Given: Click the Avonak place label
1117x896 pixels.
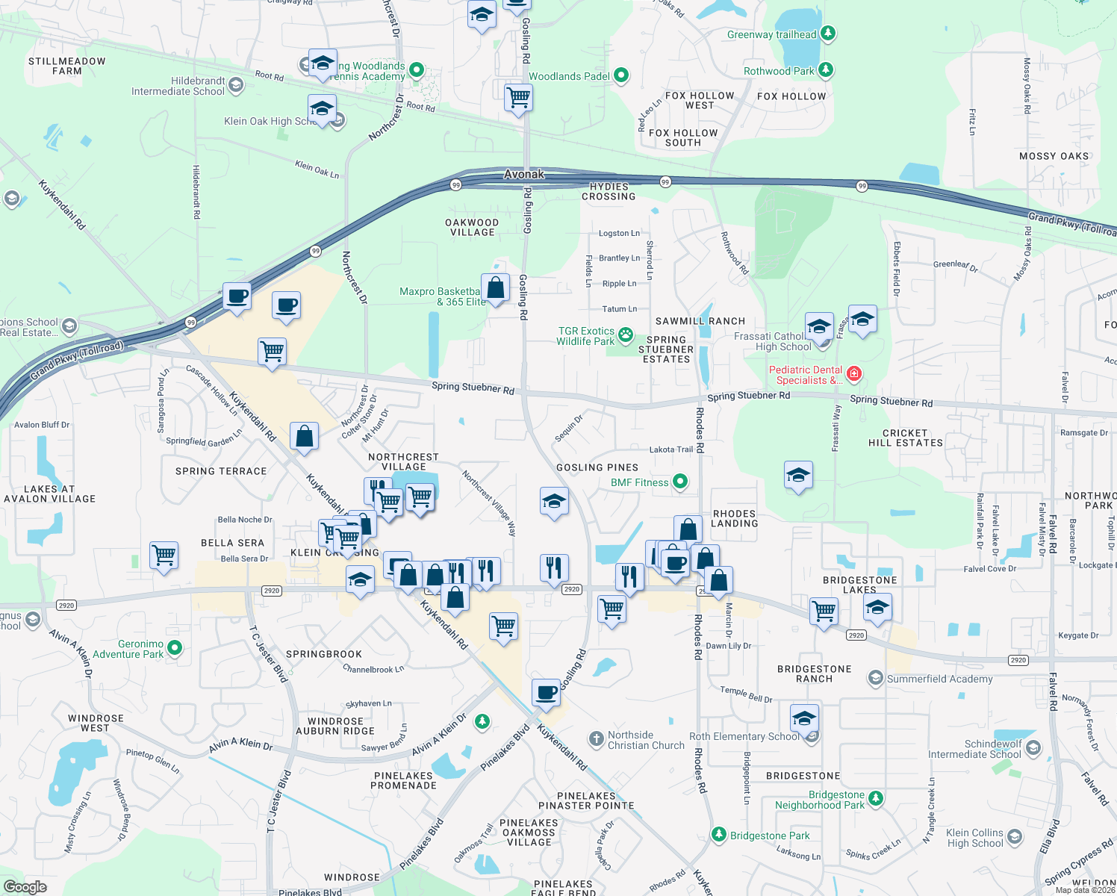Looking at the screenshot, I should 524,174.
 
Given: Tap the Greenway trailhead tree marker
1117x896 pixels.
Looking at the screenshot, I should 827,34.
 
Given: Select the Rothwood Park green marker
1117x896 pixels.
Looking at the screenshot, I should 825,70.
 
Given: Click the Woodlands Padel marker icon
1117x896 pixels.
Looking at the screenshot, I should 620,75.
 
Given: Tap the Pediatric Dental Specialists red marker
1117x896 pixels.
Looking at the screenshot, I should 854,374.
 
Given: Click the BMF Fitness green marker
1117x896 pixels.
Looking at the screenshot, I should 679,482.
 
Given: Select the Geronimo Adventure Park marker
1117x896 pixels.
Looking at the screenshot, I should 174,648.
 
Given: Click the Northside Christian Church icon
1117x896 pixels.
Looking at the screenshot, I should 595,739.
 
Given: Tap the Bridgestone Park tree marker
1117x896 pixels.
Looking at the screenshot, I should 718,834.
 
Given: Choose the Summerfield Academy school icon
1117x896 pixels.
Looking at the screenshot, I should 874,678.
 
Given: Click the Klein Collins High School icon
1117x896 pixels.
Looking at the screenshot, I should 1014,837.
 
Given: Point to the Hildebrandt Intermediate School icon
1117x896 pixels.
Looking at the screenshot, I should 236,85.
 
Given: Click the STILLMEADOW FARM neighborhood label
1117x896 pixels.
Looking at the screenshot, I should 67,66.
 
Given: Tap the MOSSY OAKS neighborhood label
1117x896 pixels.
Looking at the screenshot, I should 1054,156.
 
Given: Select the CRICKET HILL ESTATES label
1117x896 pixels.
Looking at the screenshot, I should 905,438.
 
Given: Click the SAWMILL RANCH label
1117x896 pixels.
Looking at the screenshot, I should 700,321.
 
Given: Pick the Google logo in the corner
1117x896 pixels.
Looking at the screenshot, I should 25,886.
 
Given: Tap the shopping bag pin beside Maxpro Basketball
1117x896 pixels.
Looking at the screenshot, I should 495,287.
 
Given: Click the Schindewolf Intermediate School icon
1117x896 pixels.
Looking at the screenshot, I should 1033,747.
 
